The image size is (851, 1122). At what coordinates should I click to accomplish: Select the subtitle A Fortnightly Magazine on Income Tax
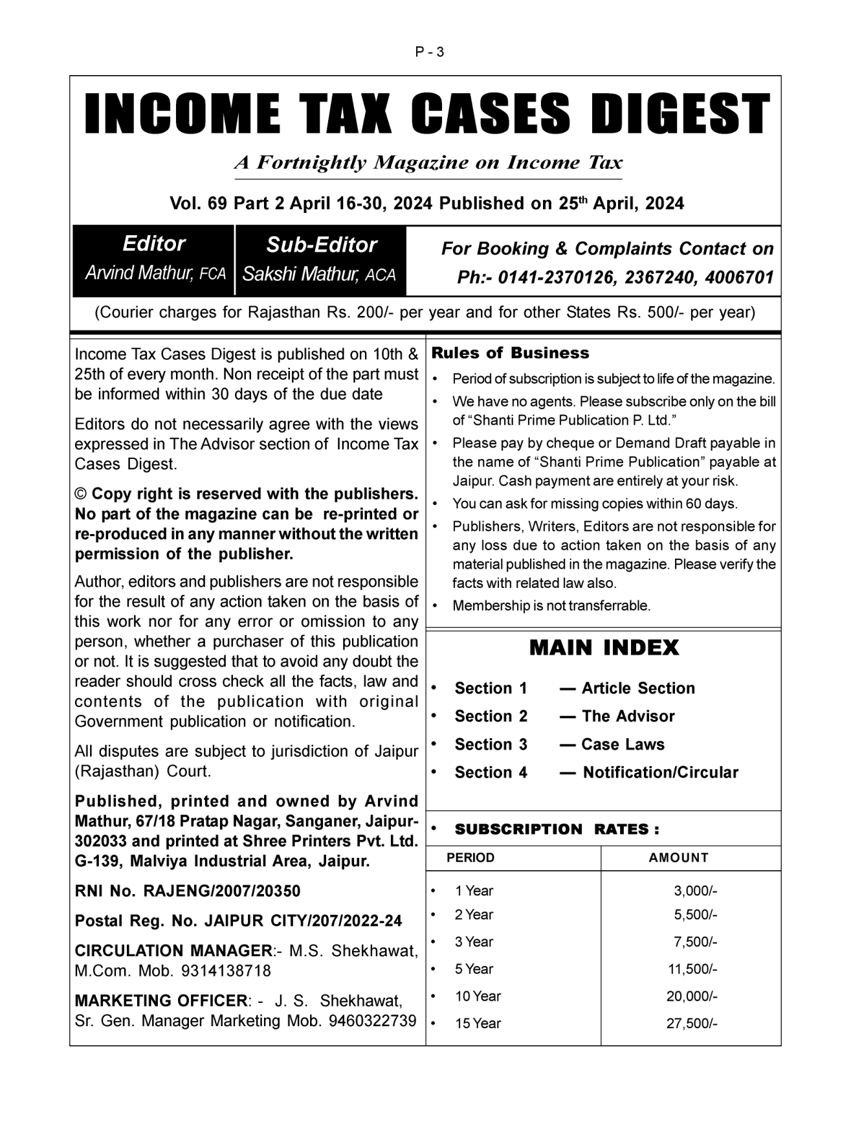click(428, 163)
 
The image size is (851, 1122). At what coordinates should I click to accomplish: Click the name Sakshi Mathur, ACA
click(319, 274)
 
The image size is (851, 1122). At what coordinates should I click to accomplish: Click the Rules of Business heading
click(510, 353)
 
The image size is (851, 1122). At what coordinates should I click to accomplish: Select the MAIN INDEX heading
click(604, 647)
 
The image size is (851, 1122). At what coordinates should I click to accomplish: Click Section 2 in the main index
click(491, 716)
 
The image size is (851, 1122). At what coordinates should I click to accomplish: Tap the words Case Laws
click(623, 745)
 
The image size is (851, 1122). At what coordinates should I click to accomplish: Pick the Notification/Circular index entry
click(660, 772)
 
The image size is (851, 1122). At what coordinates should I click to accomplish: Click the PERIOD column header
click(470, 858)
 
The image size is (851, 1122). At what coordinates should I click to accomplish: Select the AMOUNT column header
click(678, 858)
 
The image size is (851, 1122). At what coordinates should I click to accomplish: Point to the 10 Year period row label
click(478, 996)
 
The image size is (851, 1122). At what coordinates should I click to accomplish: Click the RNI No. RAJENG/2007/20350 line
click(188, 891)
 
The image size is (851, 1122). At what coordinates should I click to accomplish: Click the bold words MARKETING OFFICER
click(161, 1001)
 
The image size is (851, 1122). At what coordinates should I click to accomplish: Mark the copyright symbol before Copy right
click(81, 495)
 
